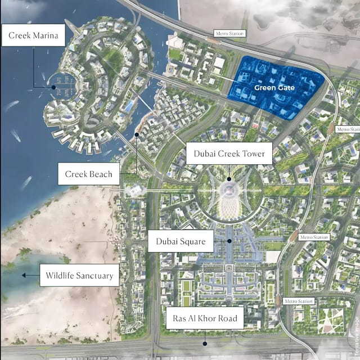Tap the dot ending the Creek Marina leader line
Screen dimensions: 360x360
[x=54, y=87]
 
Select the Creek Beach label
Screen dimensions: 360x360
[x=88, y=174]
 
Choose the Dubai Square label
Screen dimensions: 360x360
[x=181, y=244]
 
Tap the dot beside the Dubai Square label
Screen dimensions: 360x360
[x=230, y=241]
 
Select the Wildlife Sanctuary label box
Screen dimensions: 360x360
[x=79, y=276]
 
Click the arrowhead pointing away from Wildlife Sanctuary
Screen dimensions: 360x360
[x=24, y=276]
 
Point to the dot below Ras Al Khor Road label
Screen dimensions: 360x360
[x=205, y=343]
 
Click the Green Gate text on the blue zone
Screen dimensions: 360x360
[x=274, y=88]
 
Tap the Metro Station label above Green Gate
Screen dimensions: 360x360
[x=229, y=34]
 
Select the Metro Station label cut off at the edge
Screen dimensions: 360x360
[x=348, y=129]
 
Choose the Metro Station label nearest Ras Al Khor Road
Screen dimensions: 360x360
[x=298, y=301]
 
